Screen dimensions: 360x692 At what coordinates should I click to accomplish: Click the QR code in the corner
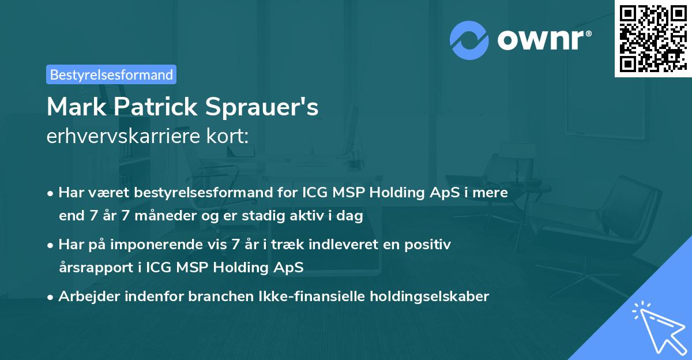click(x=653, y=38)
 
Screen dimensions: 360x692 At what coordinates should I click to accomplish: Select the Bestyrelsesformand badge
click(x=111, y=74)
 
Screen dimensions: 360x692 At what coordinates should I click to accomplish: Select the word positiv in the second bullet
click(x=429, y=245)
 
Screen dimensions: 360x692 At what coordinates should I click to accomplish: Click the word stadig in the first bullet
click(x=281, y=216)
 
